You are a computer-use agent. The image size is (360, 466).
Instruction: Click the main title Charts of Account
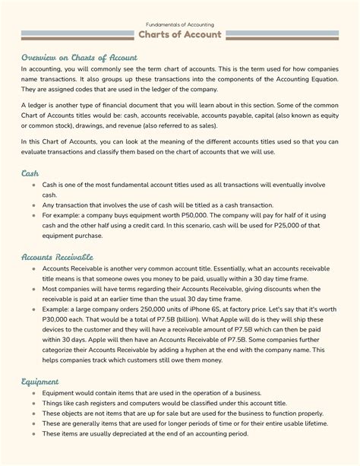coord(180,35)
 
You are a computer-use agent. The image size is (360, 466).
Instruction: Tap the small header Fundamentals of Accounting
coord(180,24)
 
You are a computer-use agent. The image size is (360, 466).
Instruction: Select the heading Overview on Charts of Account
coord(79,57)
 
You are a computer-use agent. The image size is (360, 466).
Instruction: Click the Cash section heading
coord(30,174)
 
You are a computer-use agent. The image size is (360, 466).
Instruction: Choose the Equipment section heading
coord(40,381)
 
